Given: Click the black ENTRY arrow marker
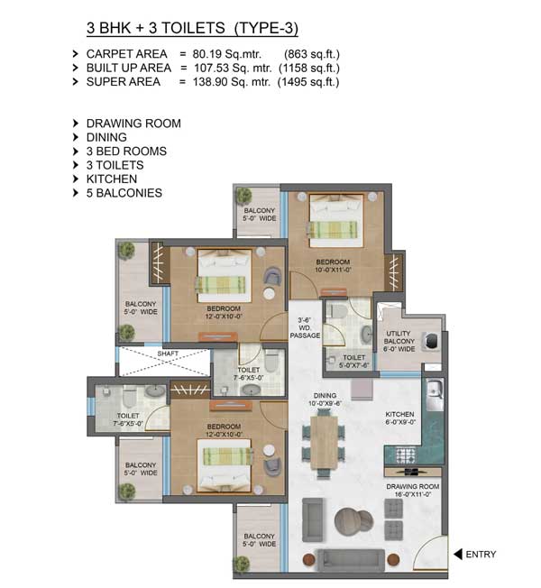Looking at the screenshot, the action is pyautogui.click(x=458, y=554).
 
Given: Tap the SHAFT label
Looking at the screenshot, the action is pyautogui.click(x=168, y=354).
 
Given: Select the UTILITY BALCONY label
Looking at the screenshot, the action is pyautogui.click(x=399, y=337).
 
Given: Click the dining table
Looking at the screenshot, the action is pyautogui.click(x=324, y=443).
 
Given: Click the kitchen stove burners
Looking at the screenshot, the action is pyautogui.click(x=406, y=455).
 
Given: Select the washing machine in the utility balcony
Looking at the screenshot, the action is pyautogui.click(x=430, y=341).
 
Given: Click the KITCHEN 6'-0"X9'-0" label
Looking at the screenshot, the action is pyautogui.click(x=399, y=418).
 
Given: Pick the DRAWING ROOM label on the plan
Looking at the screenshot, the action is pyautogui.click(x=412, y=486).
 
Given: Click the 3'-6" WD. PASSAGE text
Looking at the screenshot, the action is pyautogui.click(x=305, y=327).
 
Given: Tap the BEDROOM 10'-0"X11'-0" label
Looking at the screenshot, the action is pyautogui.click(x=333, y=266).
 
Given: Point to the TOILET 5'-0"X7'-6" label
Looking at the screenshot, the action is pyautogui.click(x=353, y=361).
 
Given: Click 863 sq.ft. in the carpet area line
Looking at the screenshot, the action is pyautogui.click(x=312, y=54).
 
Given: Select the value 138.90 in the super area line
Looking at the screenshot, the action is pyautogui.click(x=209, y=82).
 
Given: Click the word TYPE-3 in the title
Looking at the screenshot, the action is pyautogui.click(x=266, y=28).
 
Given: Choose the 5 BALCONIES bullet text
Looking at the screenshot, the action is pyautogui.click(x=124, y=193).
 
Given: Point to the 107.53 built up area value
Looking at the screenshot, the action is pyautogui.click(x=210, y=68).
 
